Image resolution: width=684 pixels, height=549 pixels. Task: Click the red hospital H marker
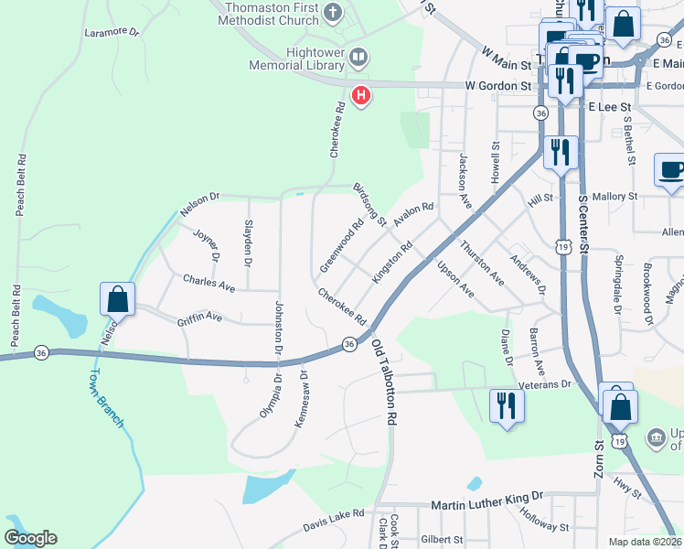(361, 94)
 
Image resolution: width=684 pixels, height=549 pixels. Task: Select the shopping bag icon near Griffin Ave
(118, 298)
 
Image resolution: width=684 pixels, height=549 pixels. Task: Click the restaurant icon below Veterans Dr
(505, 405)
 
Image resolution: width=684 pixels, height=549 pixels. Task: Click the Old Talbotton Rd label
(384, 382)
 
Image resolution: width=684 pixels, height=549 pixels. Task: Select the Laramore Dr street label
(111, 31)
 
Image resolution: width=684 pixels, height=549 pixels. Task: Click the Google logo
(30, 538)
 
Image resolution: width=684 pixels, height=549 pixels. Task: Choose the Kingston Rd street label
(393, 261)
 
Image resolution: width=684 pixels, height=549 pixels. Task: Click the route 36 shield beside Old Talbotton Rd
(349, 343)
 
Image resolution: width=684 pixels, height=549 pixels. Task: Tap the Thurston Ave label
(482, 261)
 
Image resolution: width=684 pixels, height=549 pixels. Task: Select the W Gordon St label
(497, 85)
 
